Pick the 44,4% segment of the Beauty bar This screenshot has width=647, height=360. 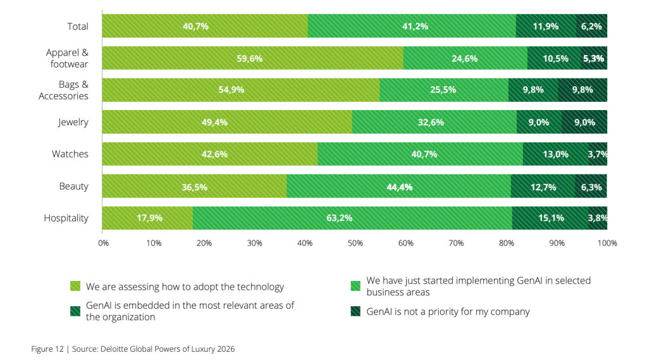point(398,187)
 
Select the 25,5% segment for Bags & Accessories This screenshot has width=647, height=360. point(443,90)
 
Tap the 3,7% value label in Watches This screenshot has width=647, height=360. point(598,154)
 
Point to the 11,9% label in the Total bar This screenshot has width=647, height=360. point(546,27)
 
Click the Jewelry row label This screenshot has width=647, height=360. point(73,122)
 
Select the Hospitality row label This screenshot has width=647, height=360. point(66,218)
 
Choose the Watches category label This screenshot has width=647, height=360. point(70,154)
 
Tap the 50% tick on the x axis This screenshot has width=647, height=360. point(355,242)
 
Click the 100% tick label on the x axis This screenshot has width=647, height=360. point(607,242)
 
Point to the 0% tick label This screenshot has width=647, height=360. point(104,242)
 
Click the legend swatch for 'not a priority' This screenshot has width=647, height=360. point(355,311)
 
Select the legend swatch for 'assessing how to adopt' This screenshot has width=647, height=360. point(75,287)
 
